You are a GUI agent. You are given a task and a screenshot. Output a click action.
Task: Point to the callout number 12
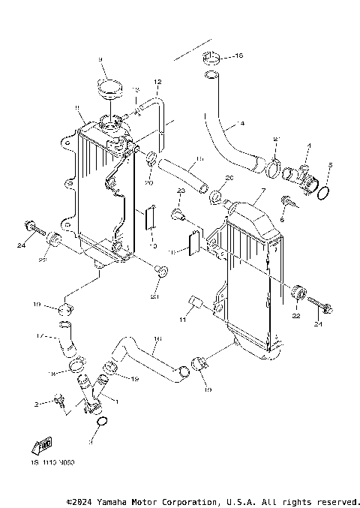click(x=157, y=81)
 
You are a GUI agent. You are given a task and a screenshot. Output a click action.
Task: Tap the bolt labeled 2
click(x=58, y=403)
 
